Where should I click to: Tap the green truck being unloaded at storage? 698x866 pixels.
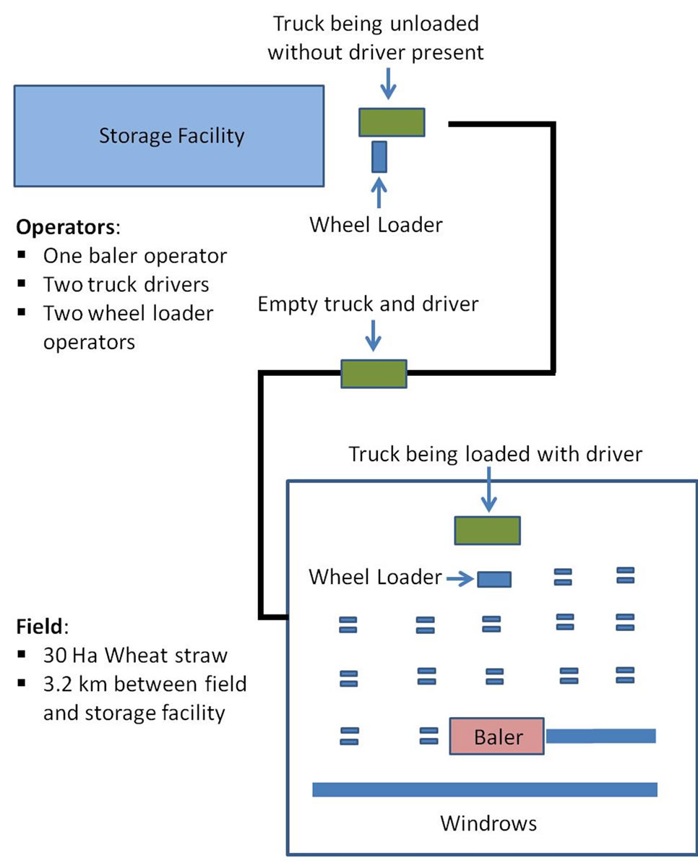point(392,121)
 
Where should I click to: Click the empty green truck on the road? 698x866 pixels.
point(374,373)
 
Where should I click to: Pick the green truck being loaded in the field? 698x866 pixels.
point(487,531)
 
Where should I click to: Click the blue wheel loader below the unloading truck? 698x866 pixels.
point(379,156)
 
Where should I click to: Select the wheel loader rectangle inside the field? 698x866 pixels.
point(494,579)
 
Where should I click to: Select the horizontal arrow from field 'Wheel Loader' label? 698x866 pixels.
point(460,578)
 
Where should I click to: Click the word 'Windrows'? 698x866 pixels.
point(488,823)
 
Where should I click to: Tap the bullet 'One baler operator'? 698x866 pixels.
point(135,256)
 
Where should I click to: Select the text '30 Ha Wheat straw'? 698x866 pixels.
point(135,656)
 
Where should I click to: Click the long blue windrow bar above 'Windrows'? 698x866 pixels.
point(484,789)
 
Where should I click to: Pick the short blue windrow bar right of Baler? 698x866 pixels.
point(600,736)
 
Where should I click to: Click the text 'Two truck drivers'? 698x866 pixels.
point(126,284)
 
